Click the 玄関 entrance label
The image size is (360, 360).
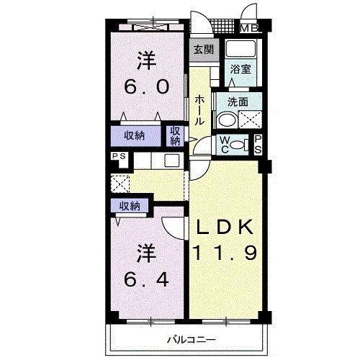tap(204, 50)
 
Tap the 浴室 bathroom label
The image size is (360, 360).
tap(240, 69)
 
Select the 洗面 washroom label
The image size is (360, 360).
tap(238, 102)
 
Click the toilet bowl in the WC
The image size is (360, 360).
tap(238, 145)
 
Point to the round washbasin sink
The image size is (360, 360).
tap(227, 120)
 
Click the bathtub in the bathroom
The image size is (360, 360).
tap(240, 49)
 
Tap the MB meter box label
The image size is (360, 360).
tap(249, 29)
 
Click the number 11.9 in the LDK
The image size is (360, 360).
tap(225, 252)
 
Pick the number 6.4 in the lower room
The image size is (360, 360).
tap(146, 279)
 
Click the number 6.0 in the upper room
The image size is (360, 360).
tap(146, 86)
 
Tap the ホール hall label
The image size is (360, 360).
tap(199, 110)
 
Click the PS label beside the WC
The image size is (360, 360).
tap(258, 145)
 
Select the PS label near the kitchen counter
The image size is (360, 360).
tap(120, 156)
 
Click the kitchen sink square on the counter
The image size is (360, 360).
tap(172, 161)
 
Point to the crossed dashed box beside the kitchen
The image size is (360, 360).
tap(120, 184)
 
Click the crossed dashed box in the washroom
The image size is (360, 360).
tap(250, 120)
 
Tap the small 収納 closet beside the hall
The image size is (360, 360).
tap(175, 136)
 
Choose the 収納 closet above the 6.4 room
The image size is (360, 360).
tap(130, 206)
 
